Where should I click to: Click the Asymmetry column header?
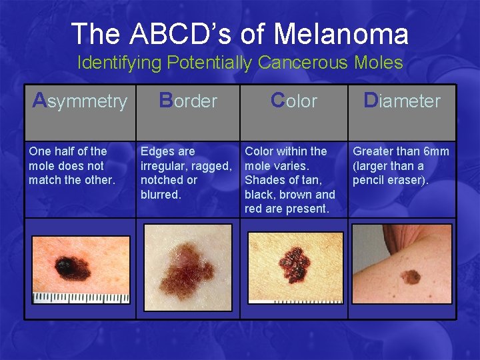click(x=80, y=101)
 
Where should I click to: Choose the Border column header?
click(x=188, y=101)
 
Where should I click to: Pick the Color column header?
click(x=294, y=101)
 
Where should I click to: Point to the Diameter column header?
click(x=402, y=101)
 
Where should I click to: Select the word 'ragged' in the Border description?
click(x=212, y=166)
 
